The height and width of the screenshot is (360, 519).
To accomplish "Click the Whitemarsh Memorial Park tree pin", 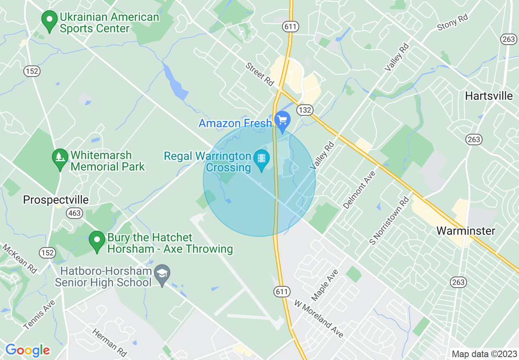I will pyautogui.click(x=60, y=157).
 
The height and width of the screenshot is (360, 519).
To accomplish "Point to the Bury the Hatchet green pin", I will pyautogui.click(x=97, y=239).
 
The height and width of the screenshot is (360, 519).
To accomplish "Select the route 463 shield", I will pyautogui.click(x=75, y=213).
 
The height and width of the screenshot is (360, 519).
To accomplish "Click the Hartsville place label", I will pyautogui.click(x=489, y=96).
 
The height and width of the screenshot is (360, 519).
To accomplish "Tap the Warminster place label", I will pyautogui.click(x=466, y=231).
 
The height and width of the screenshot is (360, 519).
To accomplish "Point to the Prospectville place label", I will pyautogui.click(x=56, y=200).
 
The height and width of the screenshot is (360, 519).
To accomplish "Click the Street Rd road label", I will pyautogui.click(x=259, y=74).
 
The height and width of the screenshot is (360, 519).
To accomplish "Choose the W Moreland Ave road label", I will pyautogui.click(x=319, y=319).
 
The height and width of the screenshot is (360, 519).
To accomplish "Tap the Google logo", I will pyautogui.click(x=27, y=350).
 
